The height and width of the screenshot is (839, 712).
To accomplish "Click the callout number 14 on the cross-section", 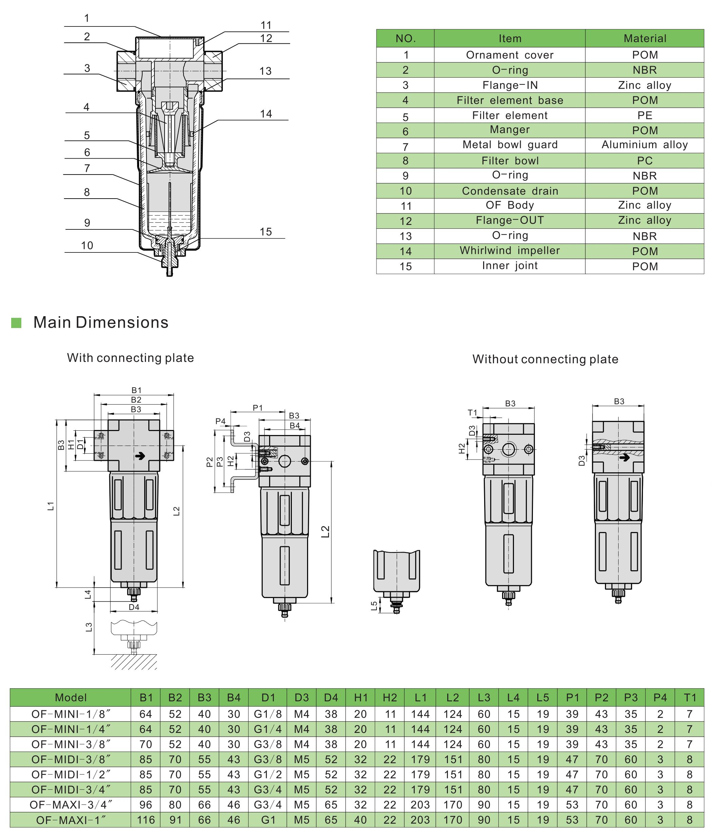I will tap(265, 114).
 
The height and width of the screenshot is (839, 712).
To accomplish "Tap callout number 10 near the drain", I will tap(87, 246).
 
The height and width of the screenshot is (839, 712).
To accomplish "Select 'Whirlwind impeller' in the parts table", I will tap(510, 250).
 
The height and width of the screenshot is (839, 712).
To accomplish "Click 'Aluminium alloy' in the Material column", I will tap(645, 145).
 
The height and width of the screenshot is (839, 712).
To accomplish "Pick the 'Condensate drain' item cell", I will tap(510, 191).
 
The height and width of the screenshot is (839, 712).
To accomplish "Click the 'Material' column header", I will tap(645, 38).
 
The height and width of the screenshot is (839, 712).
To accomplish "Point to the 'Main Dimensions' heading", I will tap(101, 322).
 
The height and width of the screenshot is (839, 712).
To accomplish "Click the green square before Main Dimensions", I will tap(16, 323).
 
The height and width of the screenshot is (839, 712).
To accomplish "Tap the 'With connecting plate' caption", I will tap(130, 358).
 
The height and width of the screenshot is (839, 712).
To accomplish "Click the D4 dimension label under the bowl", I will tap(134, 607).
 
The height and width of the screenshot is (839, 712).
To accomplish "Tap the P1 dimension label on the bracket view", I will tap(258, 408).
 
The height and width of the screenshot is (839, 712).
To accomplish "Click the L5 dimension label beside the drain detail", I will tap(374, 606).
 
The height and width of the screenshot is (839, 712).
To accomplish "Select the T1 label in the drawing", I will tap(472, 412).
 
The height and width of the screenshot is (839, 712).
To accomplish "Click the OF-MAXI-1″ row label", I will tap(71, 820).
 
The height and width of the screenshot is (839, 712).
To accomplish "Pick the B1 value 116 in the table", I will tap(146, 820).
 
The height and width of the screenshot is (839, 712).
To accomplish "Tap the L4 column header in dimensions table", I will tap(513, 698).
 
